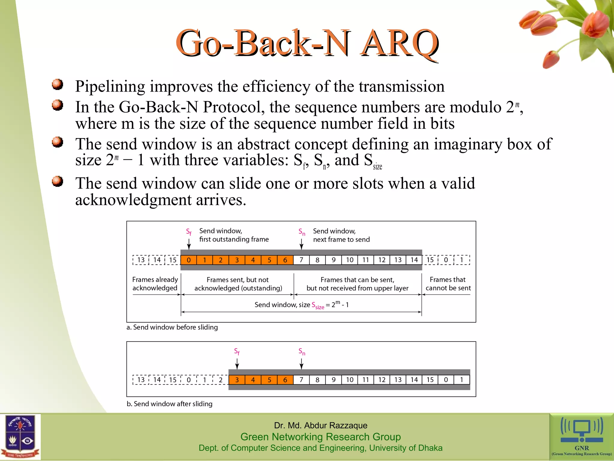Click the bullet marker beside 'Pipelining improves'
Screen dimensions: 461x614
coord(57,84)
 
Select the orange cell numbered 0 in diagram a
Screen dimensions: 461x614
coord(189,260)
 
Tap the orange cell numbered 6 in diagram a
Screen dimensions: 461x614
coord(285,260)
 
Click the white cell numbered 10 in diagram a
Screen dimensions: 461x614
coord(350,260)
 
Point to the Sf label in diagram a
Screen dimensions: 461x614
coord(189,232)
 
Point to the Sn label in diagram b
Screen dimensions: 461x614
coord(302,351)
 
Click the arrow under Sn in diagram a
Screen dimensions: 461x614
coord(302,244)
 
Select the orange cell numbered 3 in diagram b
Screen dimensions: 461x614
coord(237,380)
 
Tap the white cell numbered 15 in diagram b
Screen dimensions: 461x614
coord(430,380)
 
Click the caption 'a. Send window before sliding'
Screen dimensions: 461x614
coord(172,327)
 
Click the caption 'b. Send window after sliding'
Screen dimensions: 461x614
coord(169,404)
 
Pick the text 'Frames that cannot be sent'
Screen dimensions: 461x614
coord(448,284)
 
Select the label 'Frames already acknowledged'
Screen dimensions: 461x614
coord(155,284)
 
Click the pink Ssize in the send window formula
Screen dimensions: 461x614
coord(318,306)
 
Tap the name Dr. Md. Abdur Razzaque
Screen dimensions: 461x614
coord(320,425)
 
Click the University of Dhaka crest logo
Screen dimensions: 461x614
coord(20,437)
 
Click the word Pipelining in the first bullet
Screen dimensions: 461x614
coord(110,87)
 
